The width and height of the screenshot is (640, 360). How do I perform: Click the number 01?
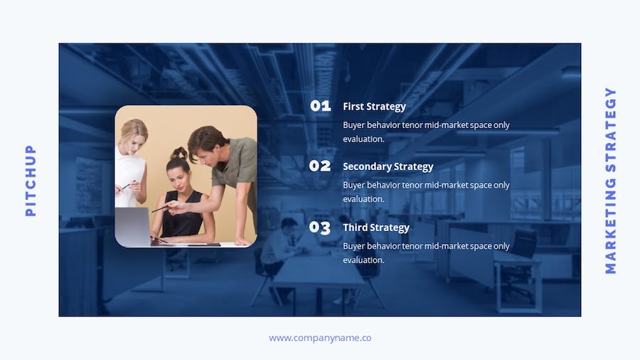321,106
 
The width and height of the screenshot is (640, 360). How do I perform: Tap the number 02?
319,166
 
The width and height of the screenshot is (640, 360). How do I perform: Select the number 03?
319,228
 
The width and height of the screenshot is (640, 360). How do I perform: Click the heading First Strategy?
374,107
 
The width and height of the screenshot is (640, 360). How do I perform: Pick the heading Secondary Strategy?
388,166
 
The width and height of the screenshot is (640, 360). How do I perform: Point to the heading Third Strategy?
376,228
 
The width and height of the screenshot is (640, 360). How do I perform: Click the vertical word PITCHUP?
31,180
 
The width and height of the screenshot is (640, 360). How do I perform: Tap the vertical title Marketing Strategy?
610,180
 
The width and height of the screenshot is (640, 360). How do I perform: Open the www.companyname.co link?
320,338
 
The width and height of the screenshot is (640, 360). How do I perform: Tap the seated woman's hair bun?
178,154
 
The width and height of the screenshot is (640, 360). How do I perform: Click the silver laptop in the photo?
133,227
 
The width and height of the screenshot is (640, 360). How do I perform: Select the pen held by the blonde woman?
128,185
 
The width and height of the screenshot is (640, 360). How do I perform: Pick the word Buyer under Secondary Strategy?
353,185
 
